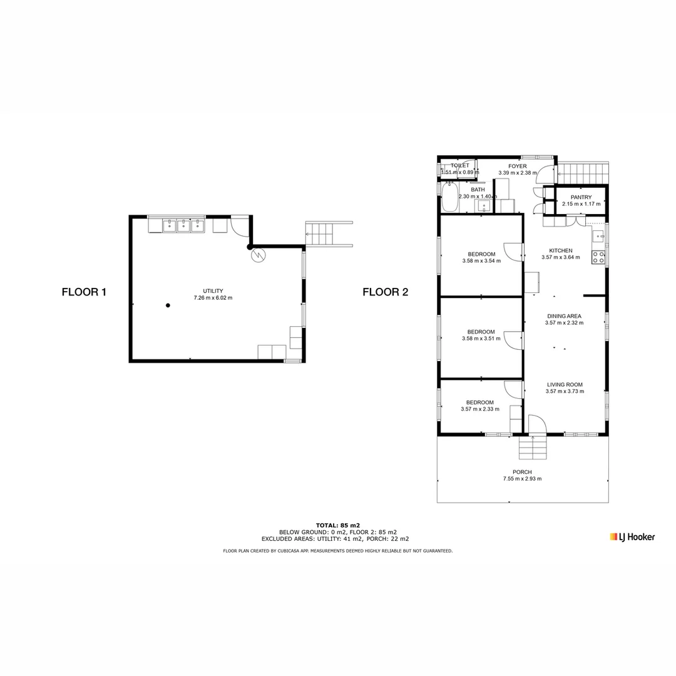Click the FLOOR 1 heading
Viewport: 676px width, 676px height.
pos(84,292)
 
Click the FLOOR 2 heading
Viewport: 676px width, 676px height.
pos(385,292)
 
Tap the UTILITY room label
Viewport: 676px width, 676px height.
pos(213,291)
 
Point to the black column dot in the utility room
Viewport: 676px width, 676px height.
pos(168,305)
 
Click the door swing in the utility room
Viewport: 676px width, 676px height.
pos(239,225)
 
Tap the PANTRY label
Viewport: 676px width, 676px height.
pos(581,197)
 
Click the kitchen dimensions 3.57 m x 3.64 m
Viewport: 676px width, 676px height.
pos(560,257)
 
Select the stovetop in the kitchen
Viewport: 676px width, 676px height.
pos(598,257)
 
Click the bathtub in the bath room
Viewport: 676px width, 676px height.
pos(449,198)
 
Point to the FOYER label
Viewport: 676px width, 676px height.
pos(517,166)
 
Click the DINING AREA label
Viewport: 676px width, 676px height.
pos(564,316)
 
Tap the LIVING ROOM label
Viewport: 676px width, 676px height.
pos(565,385)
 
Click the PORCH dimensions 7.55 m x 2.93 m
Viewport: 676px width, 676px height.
pos(522,479)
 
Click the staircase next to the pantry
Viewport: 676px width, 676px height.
pos(583,172)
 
